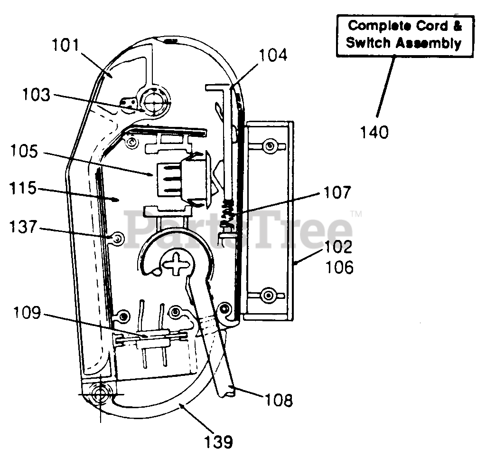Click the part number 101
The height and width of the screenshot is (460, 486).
pyautogui.click(x=65, y=45)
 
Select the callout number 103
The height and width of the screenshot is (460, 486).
pyautogui.click(x=36, y=95)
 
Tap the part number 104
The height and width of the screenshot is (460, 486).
pyautogui.click(x=273, y=55)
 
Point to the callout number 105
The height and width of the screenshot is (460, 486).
pyautogui.click(x=24, y=151)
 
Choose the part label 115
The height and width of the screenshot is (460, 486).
pyautogui.click(x=23, y=188)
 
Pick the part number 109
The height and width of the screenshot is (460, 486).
pyautogui.click(x=27, y=313)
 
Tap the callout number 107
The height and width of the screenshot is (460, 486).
pyautogui.click(x=337, y=192)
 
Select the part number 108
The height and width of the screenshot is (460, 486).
pyautogui.click(x=279, y=400)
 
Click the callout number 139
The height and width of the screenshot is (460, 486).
pyautogui.click(x=219, y=441)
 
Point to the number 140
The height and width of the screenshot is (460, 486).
pyautogui.click(x=374, y=132)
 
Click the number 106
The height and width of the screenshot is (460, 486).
pyautogui.click(x=339, y=267)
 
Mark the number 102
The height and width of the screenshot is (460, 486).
pyautogui.click(x=338, y=247)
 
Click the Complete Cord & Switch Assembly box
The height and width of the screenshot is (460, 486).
pyautogui.click(x=405, y=36)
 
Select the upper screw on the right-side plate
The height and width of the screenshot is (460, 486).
pyautogui.click(x=269, y=145)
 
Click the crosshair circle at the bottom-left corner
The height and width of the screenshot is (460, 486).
pyautogui.click(x=100, y=394)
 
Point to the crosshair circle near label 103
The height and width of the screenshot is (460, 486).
pyautogui.click(x=154, y=101)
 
